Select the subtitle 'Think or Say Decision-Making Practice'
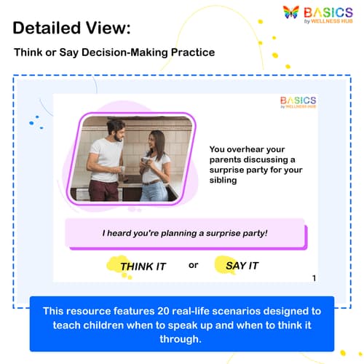[x=104, y=52]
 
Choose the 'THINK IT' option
[x=143, y=266]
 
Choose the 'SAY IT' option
[x=242, y=266]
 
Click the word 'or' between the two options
[x=193, y=265]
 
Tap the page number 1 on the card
[x=314, y=278]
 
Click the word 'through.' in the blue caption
[x=182, y=339]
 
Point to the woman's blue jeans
[x=155, y=191]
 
